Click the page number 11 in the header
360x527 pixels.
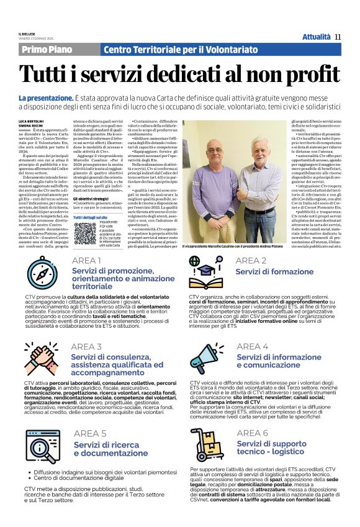coord(338,37)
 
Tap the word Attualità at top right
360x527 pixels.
coord(315,37)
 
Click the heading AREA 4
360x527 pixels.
coord(253,346)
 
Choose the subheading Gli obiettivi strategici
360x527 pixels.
coord(90,199)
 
